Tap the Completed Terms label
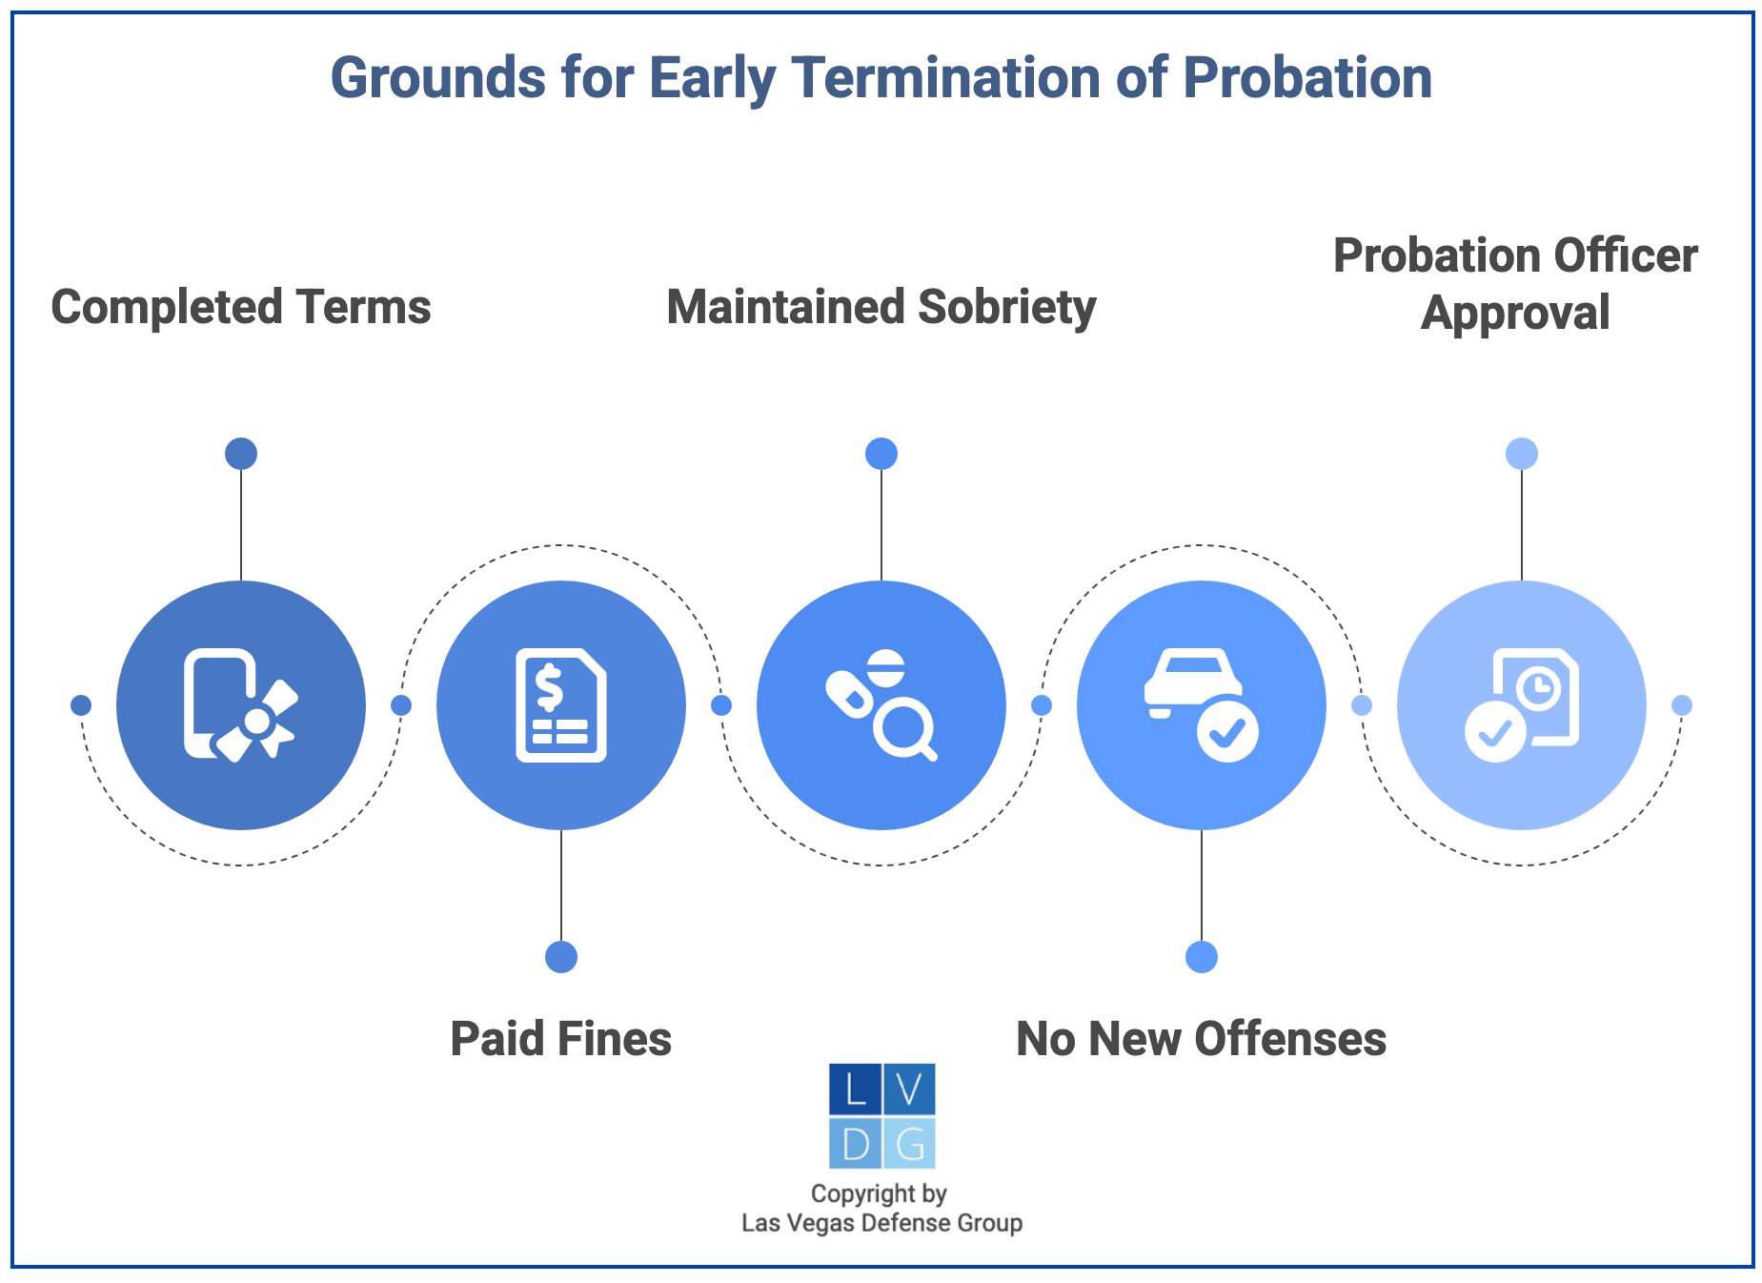click(240, 308)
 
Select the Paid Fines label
click(560, 1039)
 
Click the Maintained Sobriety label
click(881, 308)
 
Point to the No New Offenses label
click(1201, 1039)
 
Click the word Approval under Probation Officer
click(1515, 314)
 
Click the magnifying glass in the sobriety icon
click(903, 730)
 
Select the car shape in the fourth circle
click(1192, 679)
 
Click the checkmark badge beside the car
click(1227, 731)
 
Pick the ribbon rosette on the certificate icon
click(257, 723)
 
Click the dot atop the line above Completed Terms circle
click(241, 454)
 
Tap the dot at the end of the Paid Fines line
click(561, 957)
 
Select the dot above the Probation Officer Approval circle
click(1522, 454)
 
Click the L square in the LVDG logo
click(855, 1090)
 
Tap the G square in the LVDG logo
click(909, 1143)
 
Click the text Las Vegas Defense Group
click(881, 1223)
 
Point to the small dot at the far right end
click(1682, 705)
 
